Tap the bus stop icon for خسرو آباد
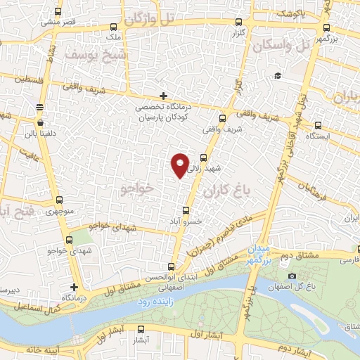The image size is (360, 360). coord(186,210)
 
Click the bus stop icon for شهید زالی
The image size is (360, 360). coord(205,158)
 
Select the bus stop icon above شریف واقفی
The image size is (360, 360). coord(224,118)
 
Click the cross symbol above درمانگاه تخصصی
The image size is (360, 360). coord(163,96)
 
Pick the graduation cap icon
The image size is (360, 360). coord(278,75)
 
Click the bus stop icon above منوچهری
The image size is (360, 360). coord(58,200)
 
